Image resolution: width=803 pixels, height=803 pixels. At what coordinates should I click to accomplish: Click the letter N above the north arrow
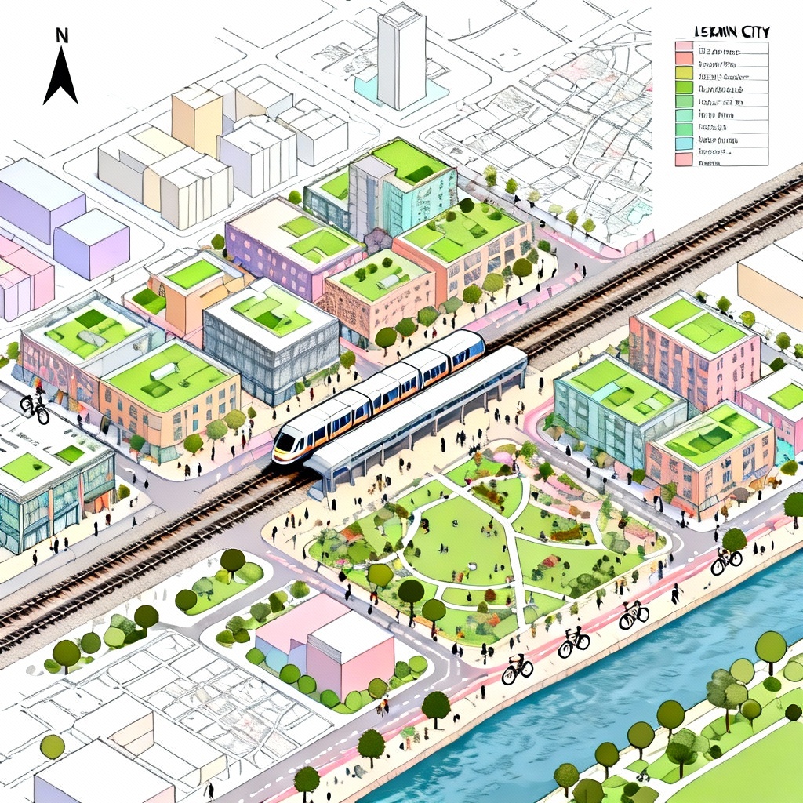pyautogui.click(x=62, y=35)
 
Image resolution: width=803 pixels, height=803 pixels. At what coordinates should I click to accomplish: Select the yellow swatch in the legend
pyautogui.click(x=684, y=73)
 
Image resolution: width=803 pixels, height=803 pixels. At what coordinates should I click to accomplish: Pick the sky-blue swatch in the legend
pyautogui.click(x=684, y=144)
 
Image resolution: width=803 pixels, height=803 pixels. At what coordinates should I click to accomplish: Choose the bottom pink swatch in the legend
pyautogui.click(x=684, y=158)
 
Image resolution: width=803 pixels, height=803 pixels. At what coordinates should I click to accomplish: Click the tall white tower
pyautogui.click(x=401, y=59)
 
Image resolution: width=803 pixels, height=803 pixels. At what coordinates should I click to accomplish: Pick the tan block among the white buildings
pyautogui.click(x=197, y=119)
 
